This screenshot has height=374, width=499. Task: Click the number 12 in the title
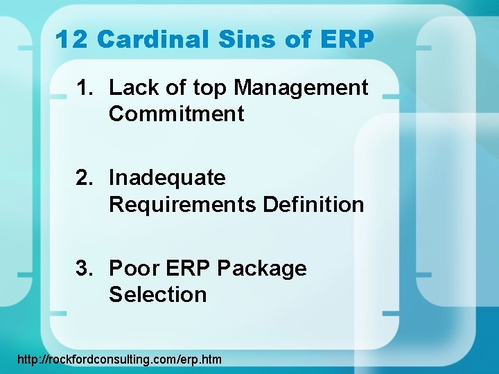click(72, 39)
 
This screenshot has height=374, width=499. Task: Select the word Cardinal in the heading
click(153, 39)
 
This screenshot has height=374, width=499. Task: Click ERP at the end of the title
click(346, 39)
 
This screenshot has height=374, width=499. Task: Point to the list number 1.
click(85, 88)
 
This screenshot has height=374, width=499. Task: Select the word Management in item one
click(301, 88)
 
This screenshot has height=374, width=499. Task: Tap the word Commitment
click(176, 114)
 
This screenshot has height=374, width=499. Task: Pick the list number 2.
click(85, 178)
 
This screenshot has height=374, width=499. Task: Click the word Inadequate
click(167, 178)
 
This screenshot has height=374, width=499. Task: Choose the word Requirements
click(182, 204)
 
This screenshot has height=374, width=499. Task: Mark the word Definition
click(313, 204)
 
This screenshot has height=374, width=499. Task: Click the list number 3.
click(85, 268)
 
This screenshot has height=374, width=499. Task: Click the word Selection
click(157, 294)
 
